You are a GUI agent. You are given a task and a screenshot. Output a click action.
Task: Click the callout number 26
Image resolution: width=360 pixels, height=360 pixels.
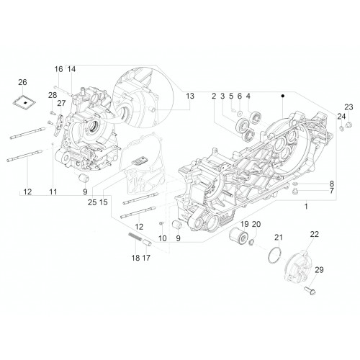22,82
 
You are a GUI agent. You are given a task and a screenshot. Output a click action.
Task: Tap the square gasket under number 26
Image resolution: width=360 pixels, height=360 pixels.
24,102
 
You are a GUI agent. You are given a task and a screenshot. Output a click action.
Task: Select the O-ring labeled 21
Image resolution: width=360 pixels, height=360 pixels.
274,255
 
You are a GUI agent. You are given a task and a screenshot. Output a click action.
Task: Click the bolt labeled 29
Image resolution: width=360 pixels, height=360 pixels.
310,290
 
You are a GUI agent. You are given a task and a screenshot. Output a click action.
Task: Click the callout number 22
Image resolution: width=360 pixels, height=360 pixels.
315,234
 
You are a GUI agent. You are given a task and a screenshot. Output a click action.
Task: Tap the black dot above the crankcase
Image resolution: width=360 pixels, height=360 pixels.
283,96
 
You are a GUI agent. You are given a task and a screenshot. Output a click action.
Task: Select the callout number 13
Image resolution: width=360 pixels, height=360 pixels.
190,96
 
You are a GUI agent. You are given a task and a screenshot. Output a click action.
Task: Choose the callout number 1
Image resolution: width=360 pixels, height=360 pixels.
306,206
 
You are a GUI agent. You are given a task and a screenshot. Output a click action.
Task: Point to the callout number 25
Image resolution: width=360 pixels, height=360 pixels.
92,202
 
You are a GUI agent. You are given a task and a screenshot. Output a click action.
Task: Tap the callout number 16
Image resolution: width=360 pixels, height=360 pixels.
58,69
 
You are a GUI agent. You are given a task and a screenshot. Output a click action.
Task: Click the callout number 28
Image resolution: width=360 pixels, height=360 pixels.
53,95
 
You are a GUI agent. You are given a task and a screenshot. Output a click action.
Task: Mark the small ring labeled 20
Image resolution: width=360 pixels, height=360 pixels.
252,243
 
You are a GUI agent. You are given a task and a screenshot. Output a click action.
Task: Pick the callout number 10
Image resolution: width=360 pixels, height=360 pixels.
163,238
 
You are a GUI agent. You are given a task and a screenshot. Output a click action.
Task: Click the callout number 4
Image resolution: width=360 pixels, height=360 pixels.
248,96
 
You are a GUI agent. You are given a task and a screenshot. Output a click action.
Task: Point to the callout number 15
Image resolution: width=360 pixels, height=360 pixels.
104,202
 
